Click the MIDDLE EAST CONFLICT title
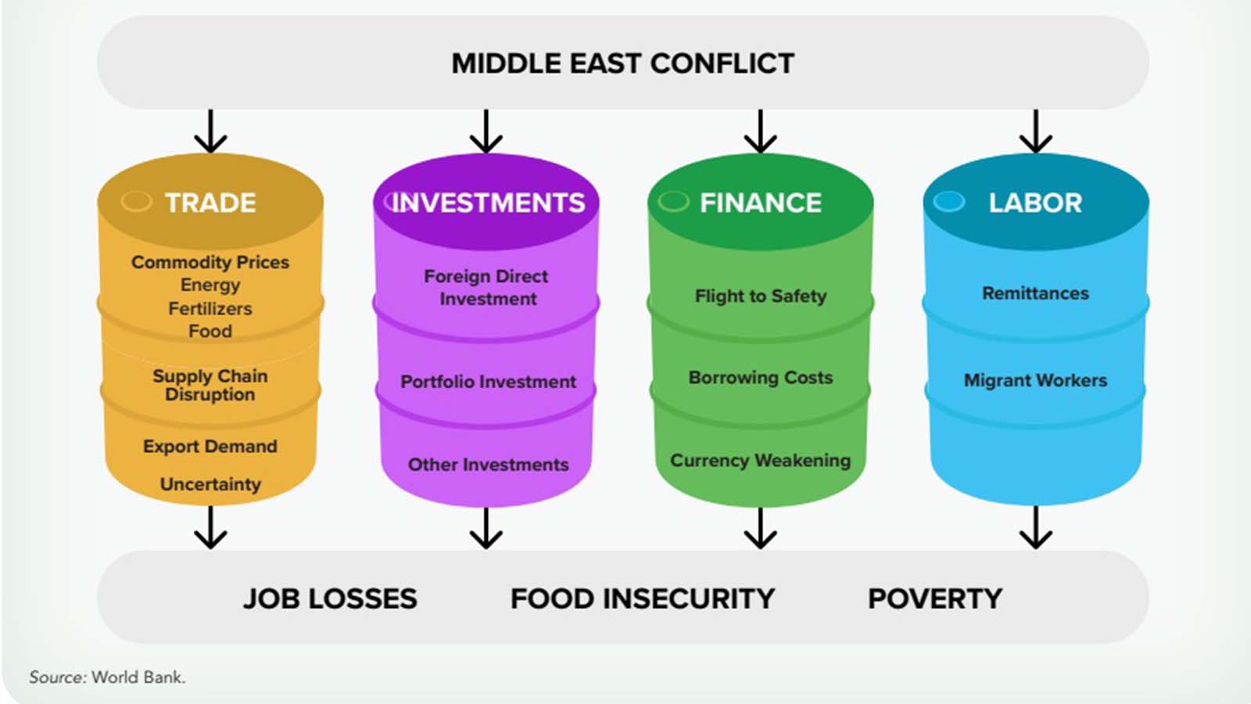[622, 63]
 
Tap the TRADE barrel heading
[210, 203]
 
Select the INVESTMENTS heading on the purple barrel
[488, 203]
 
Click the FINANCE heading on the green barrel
[761, 203]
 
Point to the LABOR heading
[1035, 203]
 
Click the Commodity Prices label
[210, 262]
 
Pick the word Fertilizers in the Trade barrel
[210, 308]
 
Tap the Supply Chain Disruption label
[210, 385]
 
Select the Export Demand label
[210, 446]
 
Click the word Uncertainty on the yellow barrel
[210, 484]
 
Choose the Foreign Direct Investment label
[486, 287]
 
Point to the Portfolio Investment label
[488, 382]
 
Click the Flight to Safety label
[761, 296]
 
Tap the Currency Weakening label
[761, 461]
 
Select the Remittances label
[1035, 293]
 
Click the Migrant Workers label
[1035, 380]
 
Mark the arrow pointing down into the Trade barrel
[210, 131]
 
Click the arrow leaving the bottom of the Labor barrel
[1036, 527]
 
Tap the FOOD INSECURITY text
[642, 599]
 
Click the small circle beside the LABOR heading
[949, 201]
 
